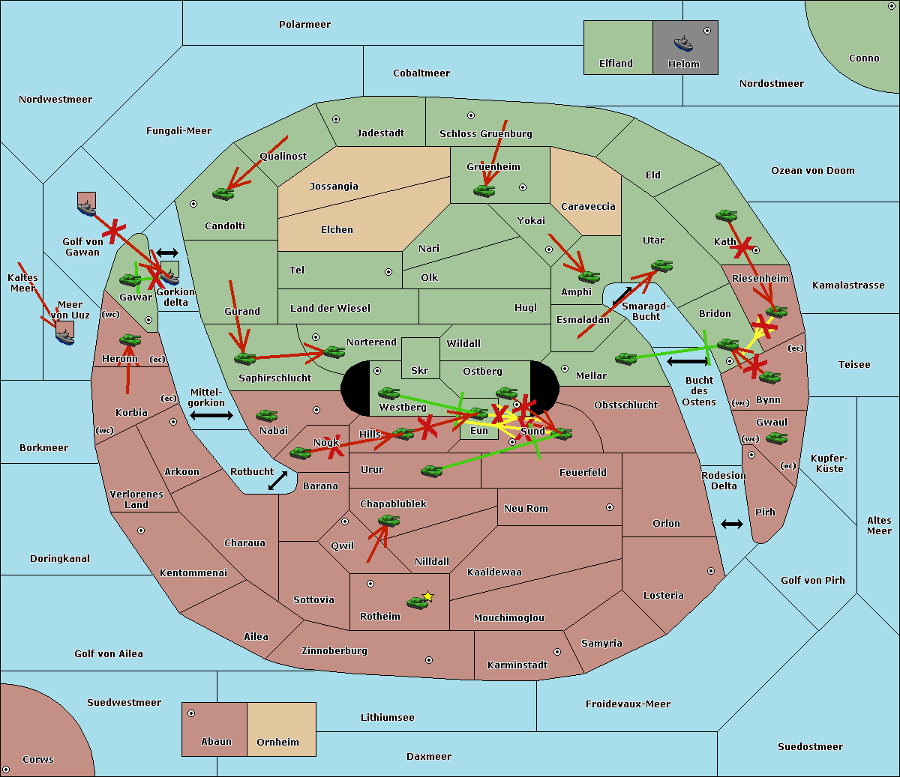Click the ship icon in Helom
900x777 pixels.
pos(683,43)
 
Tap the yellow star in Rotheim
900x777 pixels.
pos(428,596)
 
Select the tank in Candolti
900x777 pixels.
pos(223,193)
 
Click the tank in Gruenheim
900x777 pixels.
pos(484,190)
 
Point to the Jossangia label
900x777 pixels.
pos(334,187)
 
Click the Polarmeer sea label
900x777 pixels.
pos(304,25)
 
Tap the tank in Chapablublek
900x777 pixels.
pos(388,520)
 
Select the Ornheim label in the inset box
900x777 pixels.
pos(277,742)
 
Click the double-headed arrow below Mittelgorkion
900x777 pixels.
pos(211,415)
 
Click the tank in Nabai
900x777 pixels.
pos(266,415)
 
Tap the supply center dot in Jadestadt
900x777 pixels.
pos(336,119)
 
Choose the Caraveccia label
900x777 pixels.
pos(588,206)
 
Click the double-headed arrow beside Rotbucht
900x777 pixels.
pos(277,480)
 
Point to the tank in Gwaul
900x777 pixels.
pos(776,438)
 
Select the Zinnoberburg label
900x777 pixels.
pos(334,651)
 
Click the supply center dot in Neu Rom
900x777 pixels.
pos(610,507)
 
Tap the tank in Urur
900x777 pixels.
pos(431,471)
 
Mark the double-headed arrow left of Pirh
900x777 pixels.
pos(732,524)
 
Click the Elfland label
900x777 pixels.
pos(616,64)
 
